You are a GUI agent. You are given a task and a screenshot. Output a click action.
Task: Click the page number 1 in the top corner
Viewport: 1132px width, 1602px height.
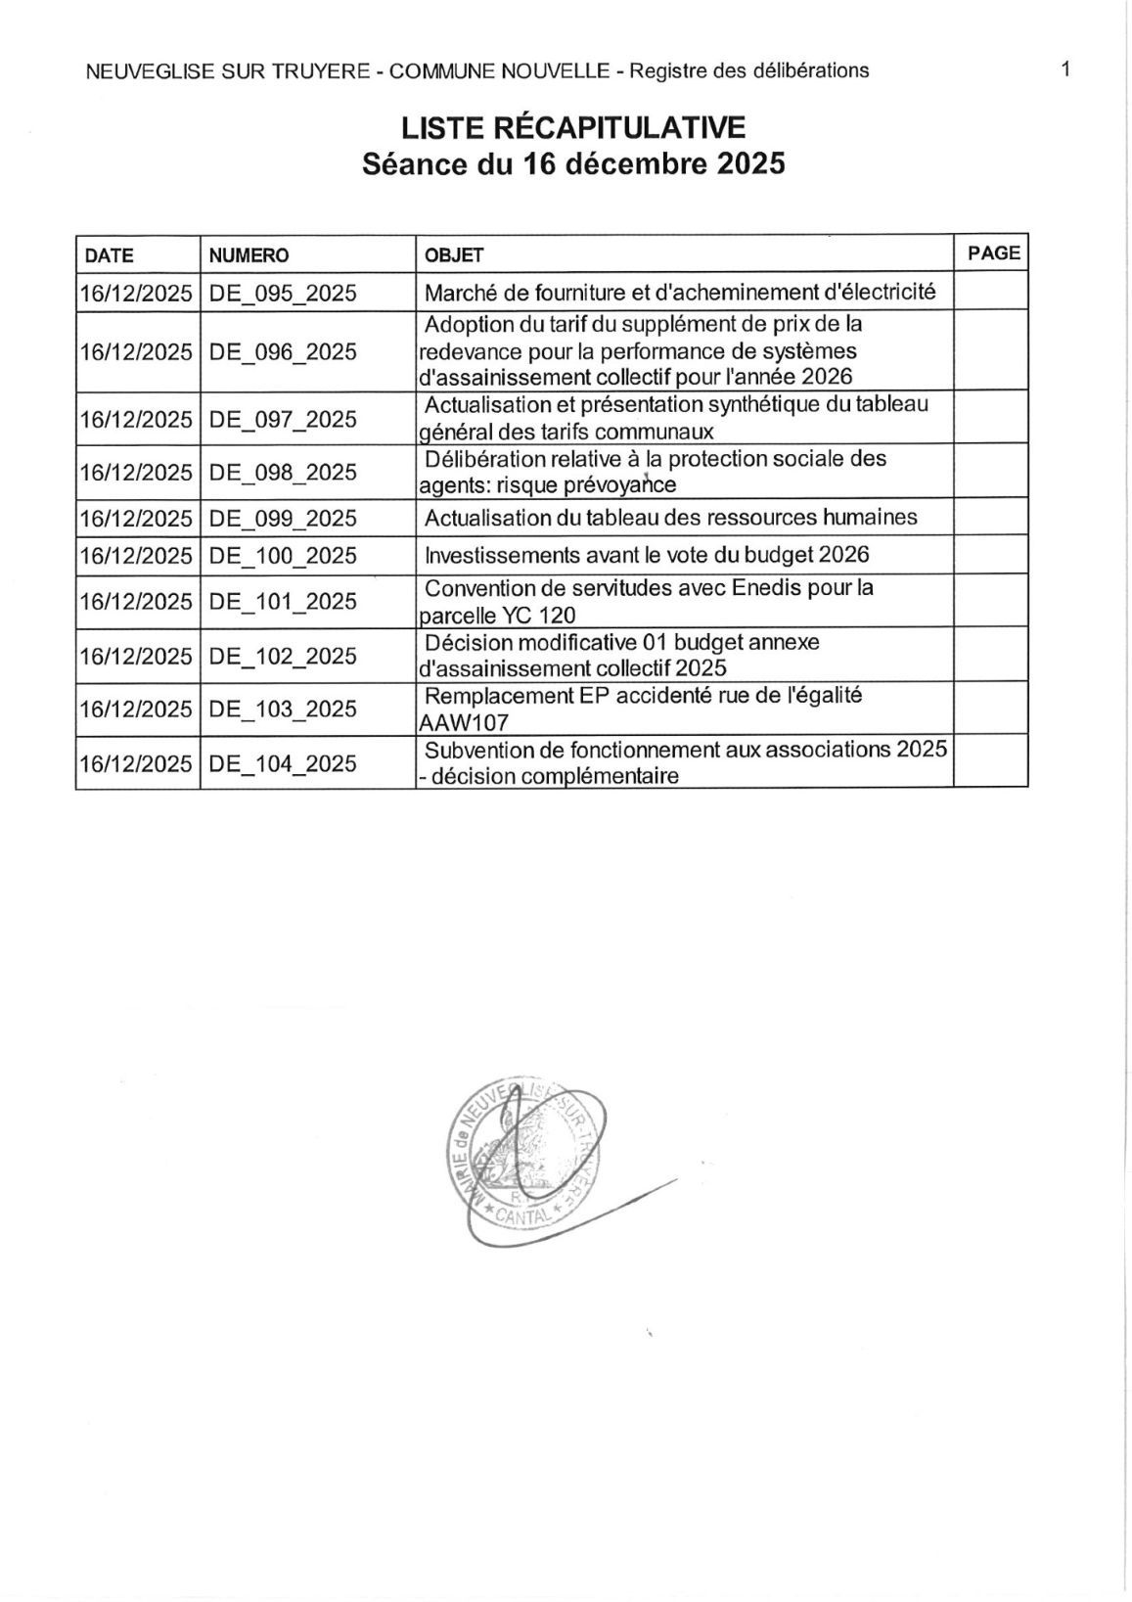1065,69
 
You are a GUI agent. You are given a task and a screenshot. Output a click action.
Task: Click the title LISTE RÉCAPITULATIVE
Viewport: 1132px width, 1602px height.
573,127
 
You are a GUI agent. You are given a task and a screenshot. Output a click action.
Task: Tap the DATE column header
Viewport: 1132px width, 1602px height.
110,255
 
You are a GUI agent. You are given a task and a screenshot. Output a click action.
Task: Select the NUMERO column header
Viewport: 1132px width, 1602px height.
249,255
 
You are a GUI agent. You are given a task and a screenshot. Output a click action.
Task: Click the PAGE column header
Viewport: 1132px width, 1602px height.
993,252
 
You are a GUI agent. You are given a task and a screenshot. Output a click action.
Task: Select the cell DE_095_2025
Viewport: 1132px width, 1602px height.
283,293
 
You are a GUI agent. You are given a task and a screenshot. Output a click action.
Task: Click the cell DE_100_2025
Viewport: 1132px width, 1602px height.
283,556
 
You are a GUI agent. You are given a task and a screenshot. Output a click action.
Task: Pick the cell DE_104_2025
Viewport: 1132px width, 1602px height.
283,763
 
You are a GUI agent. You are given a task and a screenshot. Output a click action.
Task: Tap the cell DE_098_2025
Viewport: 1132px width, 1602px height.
283,472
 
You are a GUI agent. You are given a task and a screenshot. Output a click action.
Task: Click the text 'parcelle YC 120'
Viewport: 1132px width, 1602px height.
497,616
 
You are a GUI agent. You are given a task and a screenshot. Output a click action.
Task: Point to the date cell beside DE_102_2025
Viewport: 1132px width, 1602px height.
136,656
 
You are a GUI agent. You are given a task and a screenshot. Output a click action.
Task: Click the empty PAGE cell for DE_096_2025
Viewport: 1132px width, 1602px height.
990,350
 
